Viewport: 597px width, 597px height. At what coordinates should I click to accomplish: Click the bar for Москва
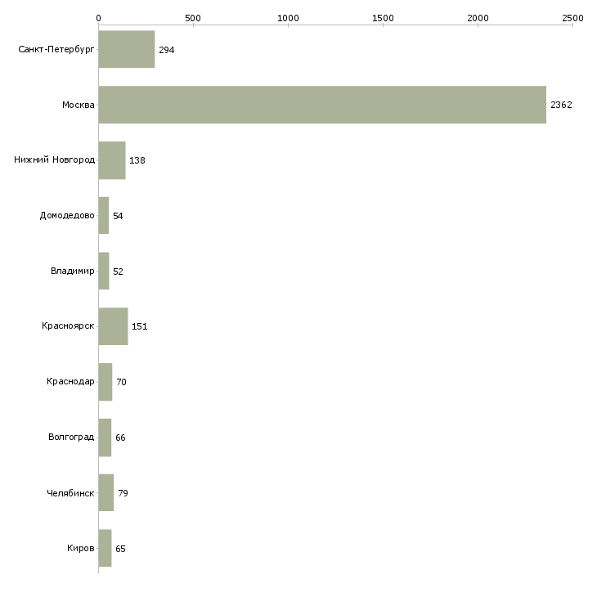coord(322,105)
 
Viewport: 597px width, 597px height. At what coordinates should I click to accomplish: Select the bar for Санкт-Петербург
coord(127,49)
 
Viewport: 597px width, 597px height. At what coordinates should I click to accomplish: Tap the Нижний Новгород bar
coord(112,160)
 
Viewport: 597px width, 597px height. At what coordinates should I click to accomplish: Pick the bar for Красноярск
coord(114,326)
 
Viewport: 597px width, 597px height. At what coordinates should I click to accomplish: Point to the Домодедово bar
coord(104,216)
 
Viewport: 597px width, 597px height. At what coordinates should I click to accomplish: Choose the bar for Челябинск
coord(106,492)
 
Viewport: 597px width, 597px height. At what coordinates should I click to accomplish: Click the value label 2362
coord(561,105)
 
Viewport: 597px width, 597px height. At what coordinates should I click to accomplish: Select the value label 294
coord(166,50)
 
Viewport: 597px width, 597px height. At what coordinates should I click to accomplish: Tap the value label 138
coord(137,160)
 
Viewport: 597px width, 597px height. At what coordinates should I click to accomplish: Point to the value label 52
coord(118,272)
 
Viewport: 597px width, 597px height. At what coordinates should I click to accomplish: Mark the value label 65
coord(120,549)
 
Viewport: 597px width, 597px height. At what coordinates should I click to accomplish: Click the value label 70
coord(122,382)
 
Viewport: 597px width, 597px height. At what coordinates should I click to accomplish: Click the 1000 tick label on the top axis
coord(288,18)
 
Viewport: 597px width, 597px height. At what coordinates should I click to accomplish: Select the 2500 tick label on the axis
coord(572,18)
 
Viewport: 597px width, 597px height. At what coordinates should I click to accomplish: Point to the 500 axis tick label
coord(194,18)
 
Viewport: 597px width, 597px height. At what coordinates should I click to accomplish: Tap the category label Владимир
coord(72,271)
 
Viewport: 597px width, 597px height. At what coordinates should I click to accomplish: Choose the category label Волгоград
coord(71,437)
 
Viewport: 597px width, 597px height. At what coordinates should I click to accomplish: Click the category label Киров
coord(81,548)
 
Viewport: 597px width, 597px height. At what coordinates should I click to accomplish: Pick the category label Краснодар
coord(70,381)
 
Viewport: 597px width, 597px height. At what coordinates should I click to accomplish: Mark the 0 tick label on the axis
coord(99,18)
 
